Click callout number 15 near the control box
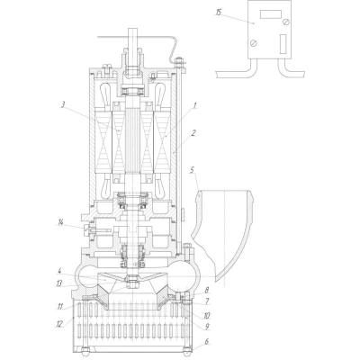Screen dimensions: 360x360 click(x=219, y=13)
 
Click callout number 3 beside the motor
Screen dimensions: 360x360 click(x=63, y=105)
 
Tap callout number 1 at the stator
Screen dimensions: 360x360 click(x=194, y=105)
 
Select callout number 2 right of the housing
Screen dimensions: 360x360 click(x=193, y=132)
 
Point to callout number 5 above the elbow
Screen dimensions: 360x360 click(x=193, y=170)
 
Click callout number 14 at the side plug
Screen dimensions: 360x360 click(x=61, y=222)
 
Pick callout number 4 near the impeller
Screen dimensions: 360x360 click(x=59, y=272)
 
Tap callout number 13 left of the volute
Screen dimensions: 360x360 click(x=59, y=283)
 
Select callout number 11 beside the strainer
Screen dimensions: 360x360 click(x=59, y=307)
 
